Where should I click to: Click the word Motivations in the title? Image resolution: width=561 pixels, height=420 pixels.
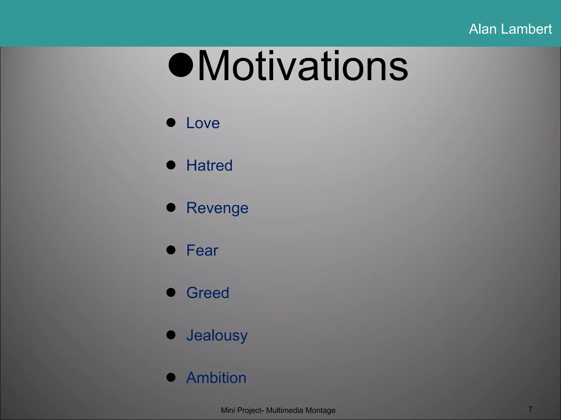coord(303,66)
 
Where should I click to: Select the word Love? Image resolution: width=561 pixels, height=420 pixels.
coord(203,123)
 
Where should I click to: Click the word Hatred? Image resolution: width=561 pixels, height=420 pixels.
coord(210,165)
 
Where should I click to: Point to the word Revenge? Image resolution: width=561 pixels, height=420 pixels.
coord(217,208)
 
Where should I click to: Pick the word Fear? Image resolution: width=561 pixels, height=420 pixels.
coord(202,250)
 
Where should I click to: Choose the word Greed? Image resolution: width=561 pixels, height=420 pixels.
coord(208,293)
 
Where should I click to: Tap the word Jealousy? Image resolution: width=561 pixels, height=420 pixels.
coord(217,336)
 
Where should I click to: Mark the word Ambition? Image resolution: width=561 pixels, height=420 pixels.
coord(216,378)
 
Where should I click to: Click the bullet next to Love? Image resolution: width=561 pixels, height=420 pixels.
coord(171,122)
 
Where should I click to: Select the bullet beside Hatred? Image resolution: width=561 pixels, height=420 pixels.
coord(171,165)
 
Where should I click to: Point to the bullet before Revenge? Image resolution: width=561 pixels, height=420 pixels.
coord(171,208)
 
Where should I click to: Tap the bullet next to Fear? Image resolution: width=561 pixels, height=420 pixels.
coord(171,250)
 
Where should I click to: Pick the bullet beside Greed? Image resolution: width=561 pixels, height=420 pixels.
coord(171,292)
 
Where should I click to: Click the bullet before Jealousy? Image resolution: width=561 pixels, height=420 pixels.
coord(171,335)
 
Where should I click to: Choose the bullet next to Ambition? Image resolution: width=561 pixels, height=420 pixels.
coord(171,377)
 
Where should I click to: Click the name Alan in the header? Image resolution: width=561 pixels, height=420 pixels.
coord(483,29)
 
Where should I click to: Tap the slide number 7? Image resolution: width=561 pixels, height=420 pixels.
coord(530,409)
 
